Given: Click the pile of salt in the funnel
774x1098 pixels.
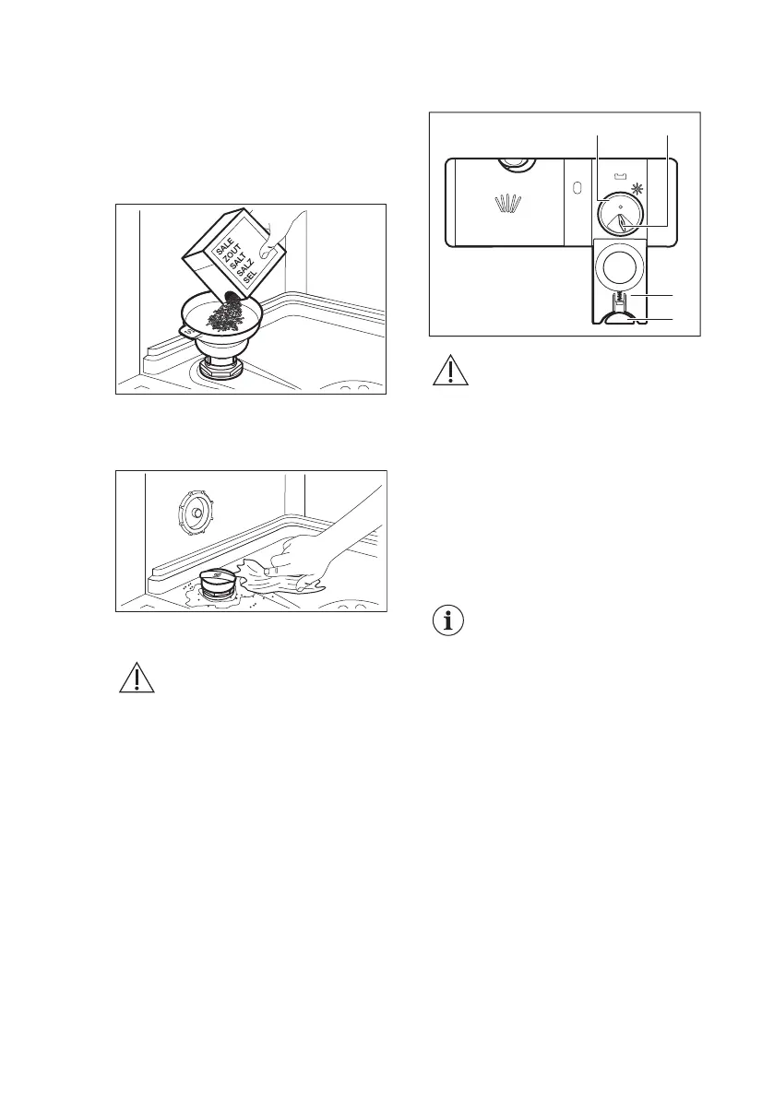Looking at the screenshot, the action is (x=226, y=318).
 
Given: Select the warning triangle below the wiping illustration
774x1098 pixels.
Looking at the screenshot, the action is (x=134, y=679).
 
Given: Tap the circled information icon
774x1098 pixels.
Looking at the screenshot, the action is (x=448, y=621).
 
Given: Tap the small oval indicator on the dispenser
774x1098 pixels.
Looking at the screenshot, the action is (x=577, y=186).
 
